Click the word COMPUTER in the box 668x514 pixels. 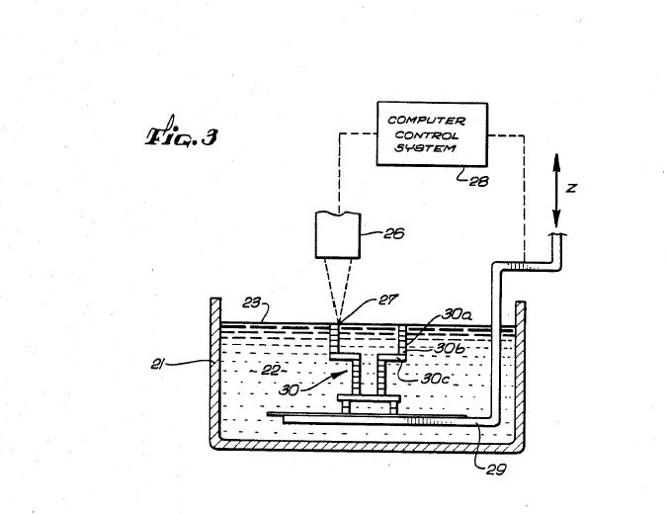[x=426, y=121]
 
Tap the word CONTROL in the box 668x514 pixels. [x=427, y=135]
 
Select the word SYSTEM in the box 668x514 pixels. [x=425, y=148]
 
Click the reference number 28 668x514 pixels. [x=478, y=182]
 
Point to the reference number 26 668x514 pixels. [x=393, y=233]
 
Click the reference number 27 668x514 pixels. [x=387, y=300]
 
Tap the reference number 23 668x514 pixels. [x=251, y=303]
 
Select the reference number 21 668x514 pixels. [x=158, y=365]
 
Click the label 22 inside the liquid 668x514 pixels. [x=269, y=371]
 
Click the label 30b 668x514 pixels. [x=450, y=348]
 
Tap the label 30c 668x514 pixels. [x=435, y=379]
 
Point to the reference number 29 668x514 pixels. [x=496, y=470]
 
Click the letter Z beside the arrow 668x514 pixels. [x=571, y=188]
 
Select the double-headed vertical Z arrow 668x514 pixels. [x=556, y=191]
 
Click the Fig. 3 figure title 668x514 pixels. [x=182, y=133]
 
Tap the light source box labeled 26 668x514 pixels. [x=338, y=235]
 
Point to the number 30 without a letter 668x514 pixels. [x=289, y=390]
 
